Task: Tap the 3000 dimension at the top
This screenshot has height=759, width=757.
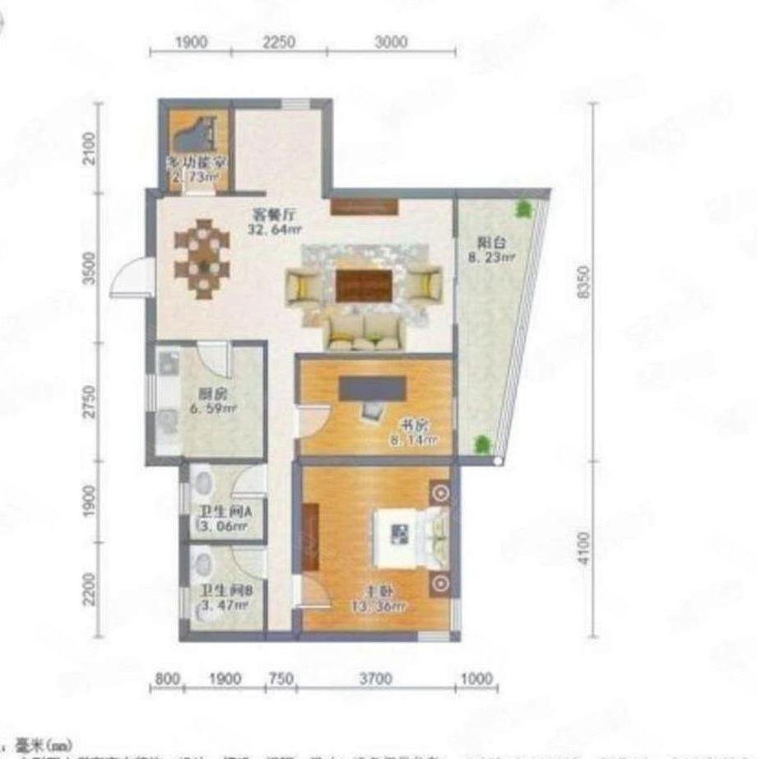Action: click(391, 43)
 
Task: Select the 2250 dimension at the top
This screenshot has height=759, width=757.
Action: click(278, 43)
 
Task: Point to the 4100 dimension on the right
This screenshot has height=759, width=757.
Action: click(586, 547)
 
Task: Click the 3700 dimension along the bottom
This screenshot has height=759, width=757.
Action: click(374, 679)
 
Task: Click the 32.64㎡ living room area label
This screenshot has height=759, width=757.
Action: click(270, 230)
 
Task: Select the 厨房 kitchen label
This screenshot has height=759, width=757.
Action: click(207, 393)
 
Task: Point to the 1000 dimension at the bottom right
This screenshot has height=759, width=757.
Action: click(476, 679)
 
